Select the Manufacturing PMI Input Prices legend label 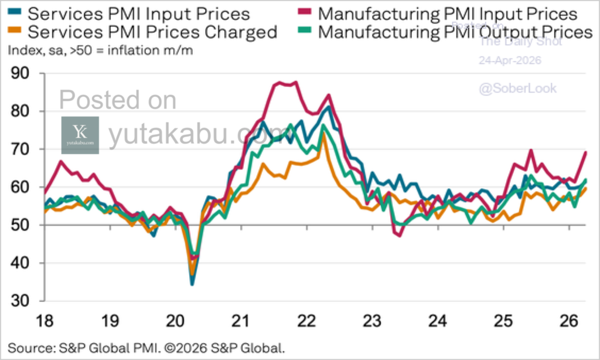[448, 13]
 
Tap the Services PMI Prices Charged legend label [153, 32]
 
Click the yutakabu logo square [80, 135]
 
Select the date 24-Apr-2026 [510, 60]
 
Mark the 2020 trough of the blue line [192, 284]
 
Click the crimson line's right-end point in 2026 [586, 152]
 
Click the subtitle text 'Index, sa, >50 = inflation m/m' [100, 50]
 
